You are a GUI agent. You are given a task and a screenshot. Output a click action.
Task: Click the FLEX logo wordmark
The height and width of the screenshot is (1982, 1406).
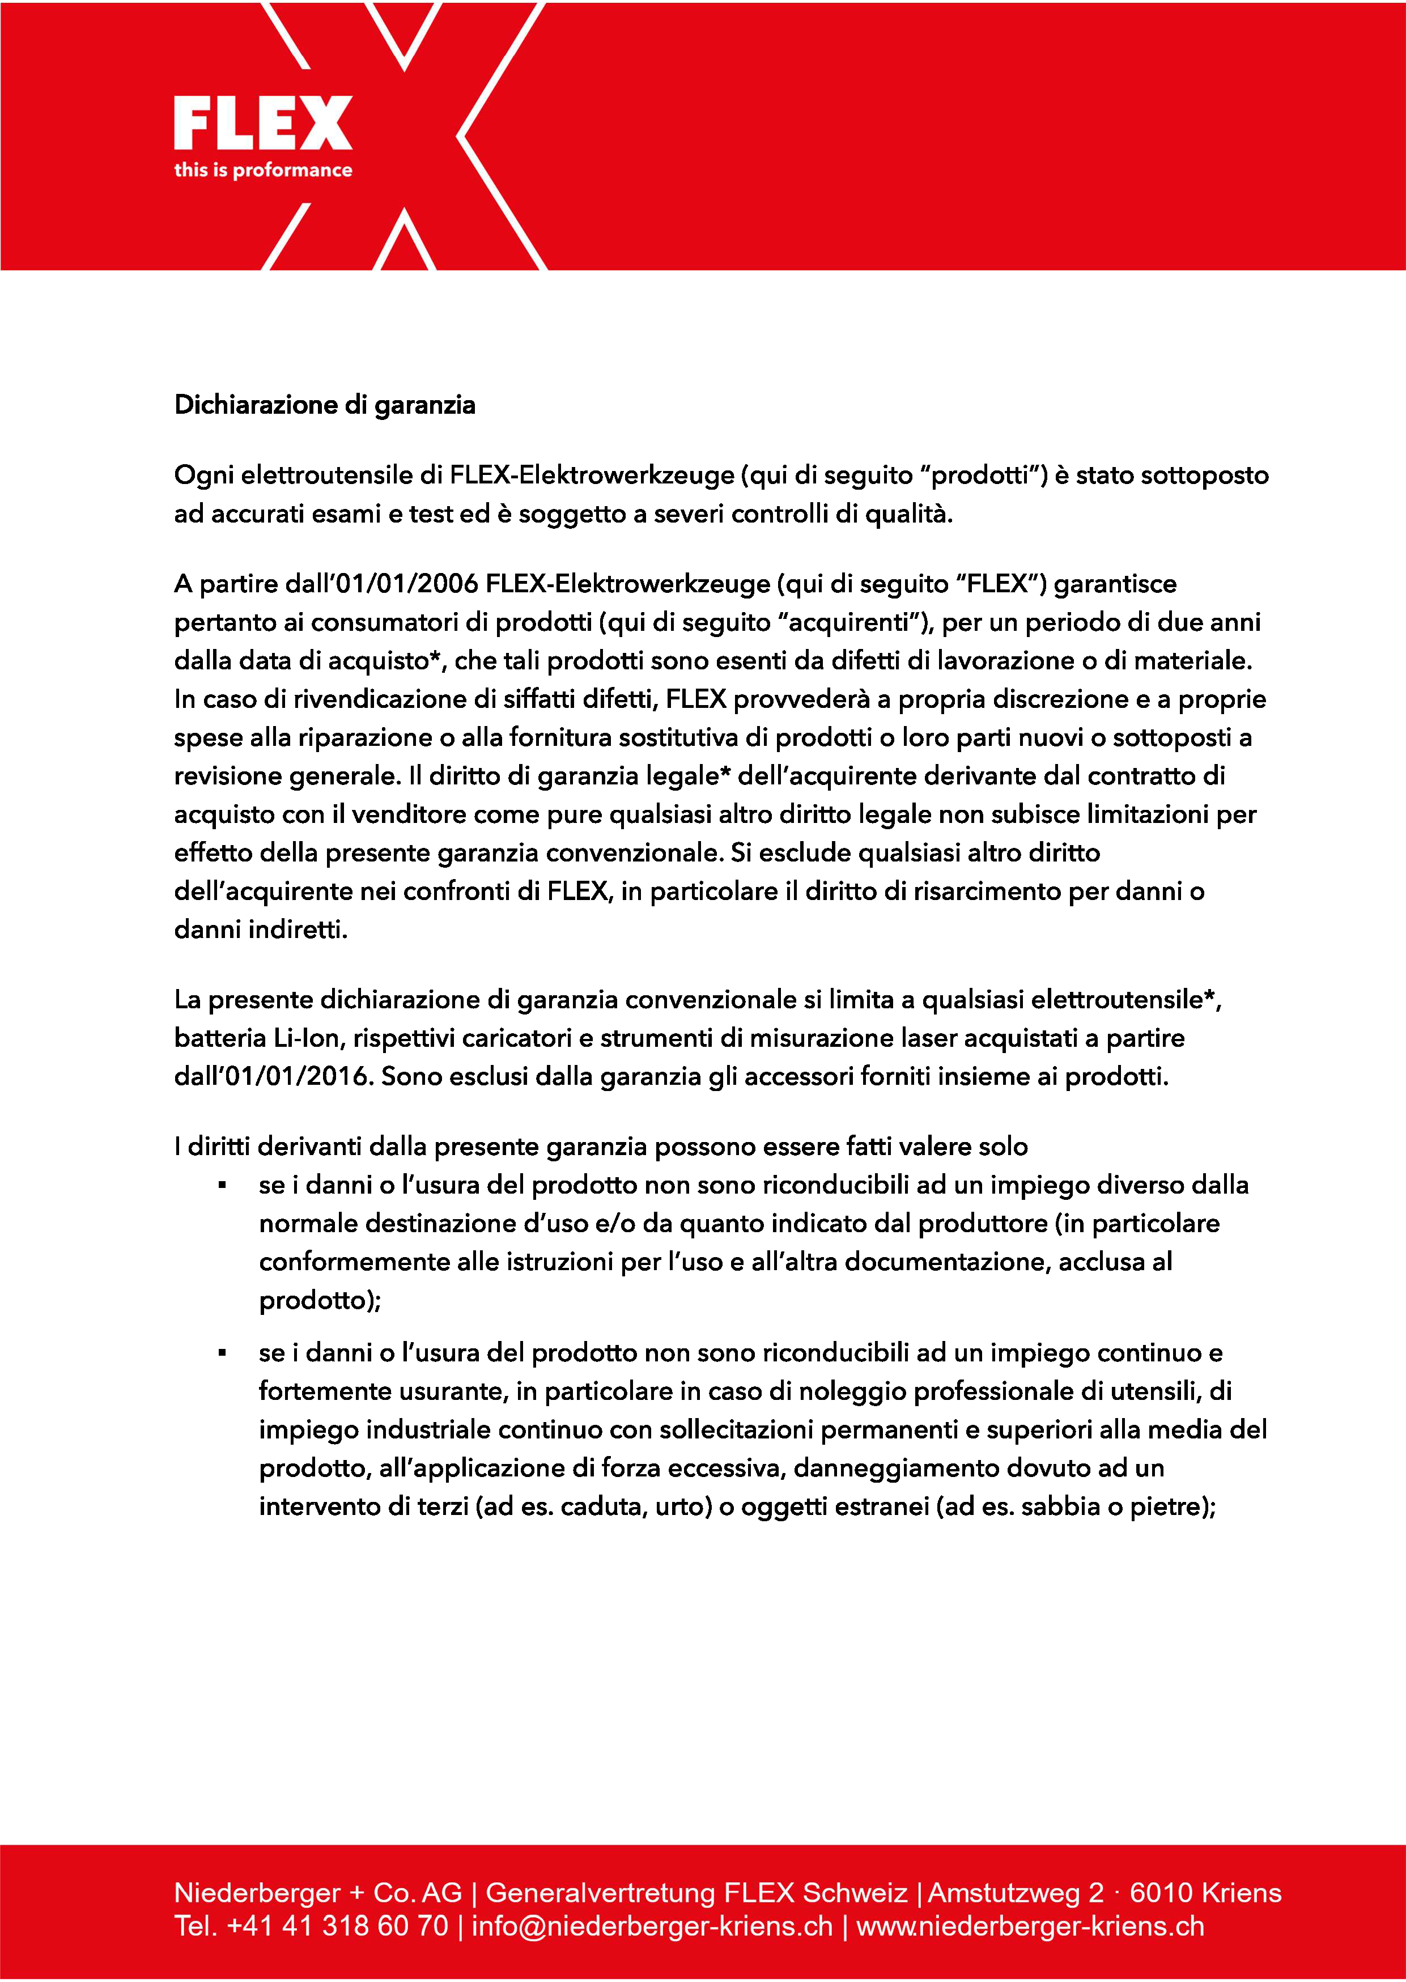[262, 123]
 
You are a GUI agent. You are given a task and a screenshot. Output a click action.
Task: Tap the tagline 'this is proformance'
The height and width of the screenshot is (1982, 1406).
[262, 169]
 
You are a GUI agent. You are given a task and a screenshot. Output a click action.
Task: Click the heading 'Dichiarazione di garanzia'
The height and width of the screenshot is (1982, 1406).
[325, 405]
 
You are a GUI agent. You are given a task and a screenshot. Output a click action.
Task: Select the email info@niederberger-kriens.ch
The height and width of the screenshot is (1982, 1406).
[651, 1926]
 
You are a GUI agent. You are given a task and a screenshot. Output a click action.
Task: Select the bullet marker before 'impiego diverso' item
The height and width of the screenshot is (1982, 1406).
[223, 1185]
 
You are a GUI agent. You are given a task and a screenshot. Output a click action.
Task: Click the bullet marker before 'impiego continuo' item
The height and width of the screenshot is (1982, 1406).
[223, 1353]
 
